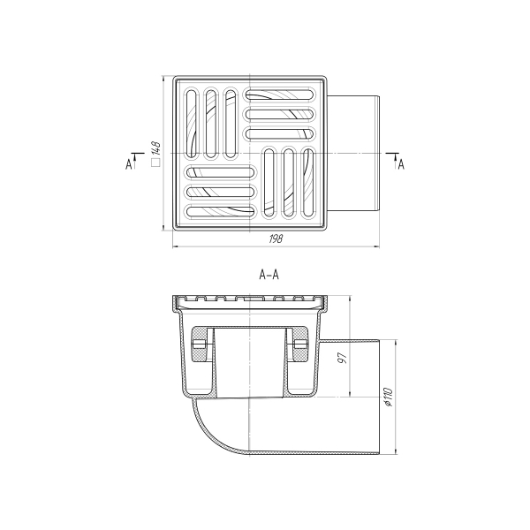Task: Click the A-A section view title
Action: pyautogui.click(x=269, y=275)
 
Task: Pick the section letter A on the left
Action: pyautogui.click(x=129, y=163)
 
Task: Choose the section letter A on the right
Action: pyautogui.click(x=401, y=163)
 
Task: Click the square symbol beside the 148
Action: pyautogui.click(x=155, y=163)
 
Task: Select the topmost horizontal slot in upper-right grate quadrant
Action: pyautogui.click(x=279, y=95)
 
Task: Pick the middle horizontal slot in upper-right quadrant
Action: pyautogui.click(x=279, y=114)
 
